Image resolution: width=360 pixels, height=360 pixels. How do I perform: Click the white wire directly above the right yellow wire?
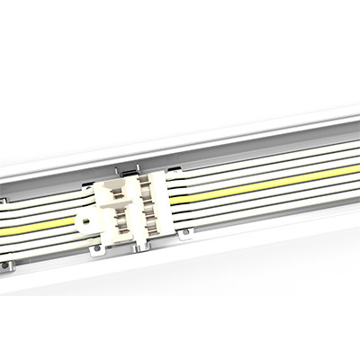pos(261,179)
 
